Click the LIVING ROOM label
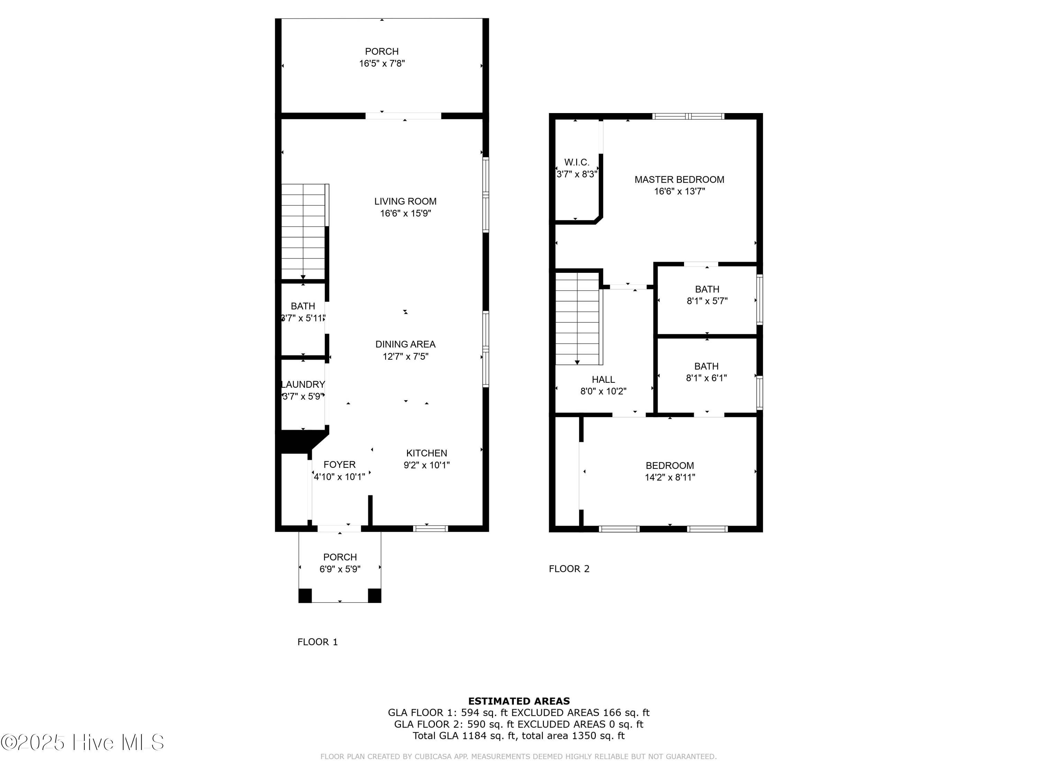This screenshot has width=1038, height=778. click(x=405, y=201)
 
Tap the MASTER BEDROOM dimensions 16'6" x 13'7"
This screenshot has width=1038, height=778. click(x=679, y=191)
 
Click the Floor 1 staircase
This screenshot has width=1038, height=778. click(x=303, y=232)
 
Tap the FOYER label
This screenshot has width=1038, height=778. click(x=339, y=464)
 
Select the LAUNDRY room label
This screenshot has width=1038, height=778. click(x=303, y=384)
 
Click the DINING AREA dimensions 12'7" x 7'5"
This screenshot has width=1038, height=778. click(x=405, y=356)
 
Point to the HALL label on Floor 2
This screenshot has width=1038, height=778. click(x=603, y=379)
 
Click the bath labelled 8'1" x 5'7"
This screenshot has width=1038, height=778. click(x=707, y=295)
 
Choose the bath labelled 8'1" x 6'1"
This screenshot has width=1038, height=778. click(x=706, y=372)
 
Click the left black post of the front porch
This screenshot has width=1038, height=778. click(x=305, y=595)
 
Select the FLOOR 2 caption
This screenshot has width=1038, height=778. click(x=569, y=569)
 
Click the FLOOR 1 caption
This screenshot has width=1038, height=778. click(x=317, y=642)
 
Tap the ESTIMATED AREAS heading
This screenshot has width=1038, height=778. click(x=519, y=701)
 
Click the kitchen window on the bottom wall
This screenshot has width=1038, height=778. click(x=430, y=528)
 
